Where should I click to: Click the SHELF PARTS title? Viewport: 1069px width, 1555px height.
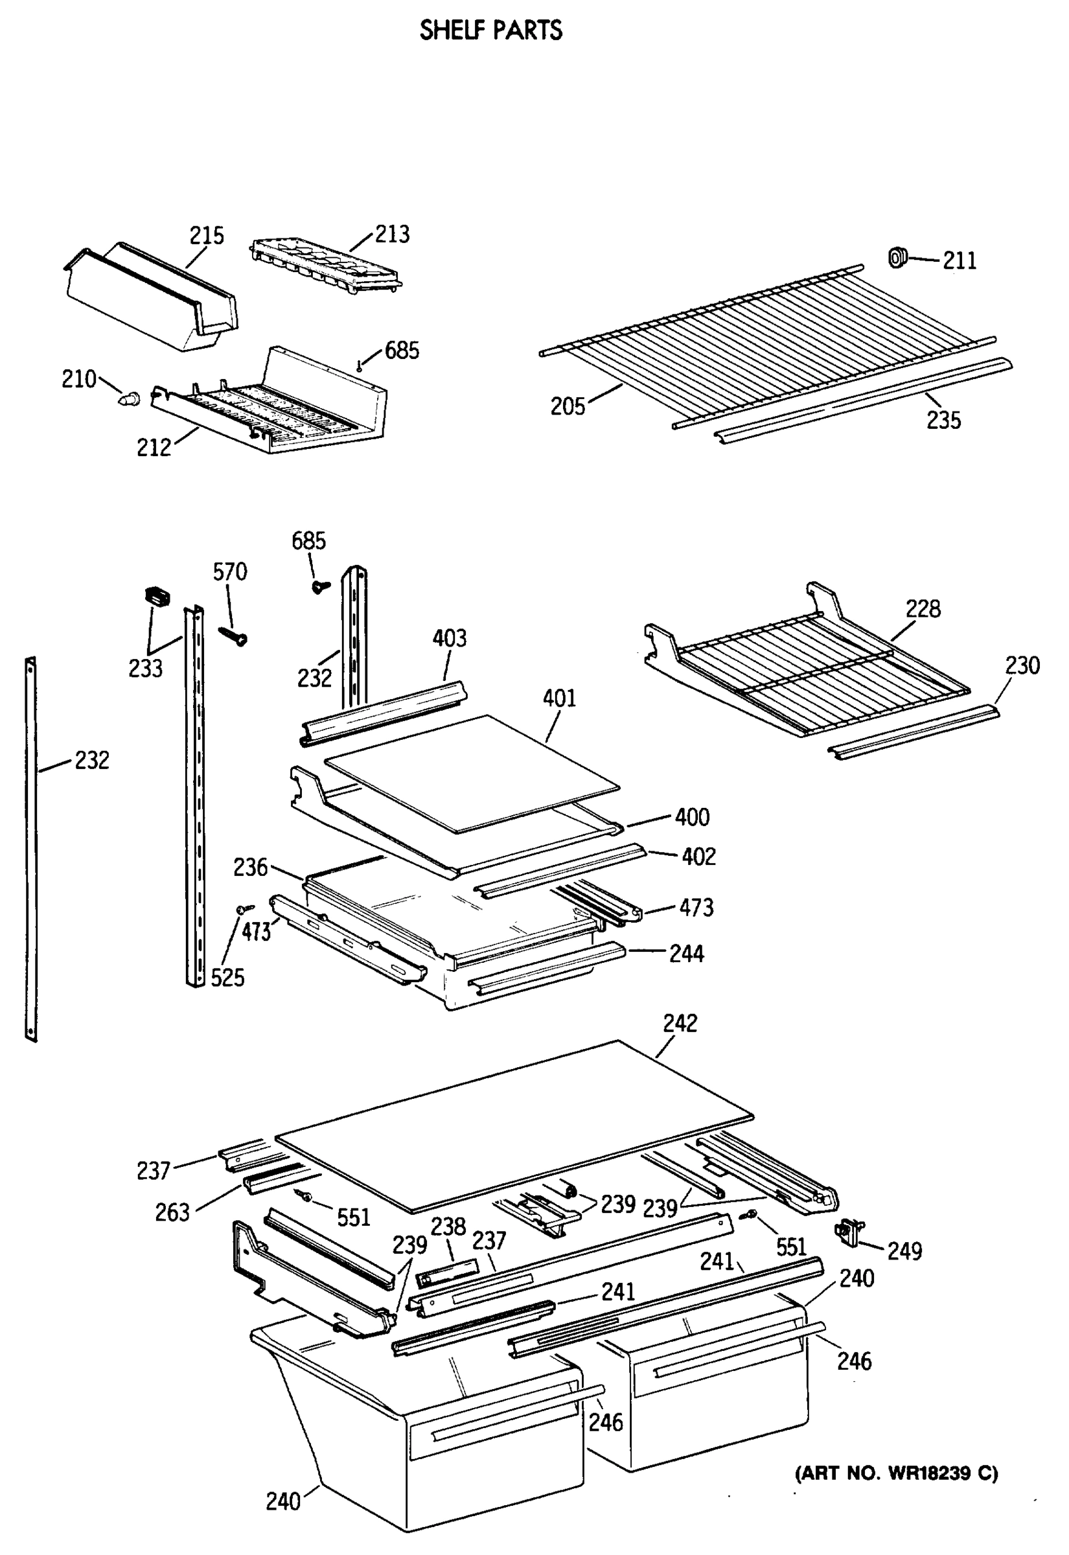coord(490,31)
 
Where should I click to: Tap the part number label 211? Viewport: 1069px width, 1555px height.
coord(959,260)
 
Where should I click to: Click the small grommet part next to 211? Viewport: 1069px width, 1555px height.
coord(897,257)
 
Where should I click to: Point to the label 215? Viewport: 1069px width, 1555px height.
coord(206,236)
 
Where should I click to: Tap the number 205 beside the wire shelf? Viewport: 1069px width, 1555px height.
coord(568,406)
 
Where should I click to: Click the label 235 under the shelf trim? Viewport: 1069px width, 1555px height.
coord(943,420)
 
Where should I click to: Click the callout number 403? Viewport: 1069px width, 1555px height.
coord(449,638)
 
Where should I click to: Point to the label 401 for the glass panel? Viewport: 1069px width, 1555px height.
coord(559,698)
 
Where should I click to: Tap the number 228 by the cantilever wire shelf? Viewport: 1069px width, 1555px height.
coord(923,609)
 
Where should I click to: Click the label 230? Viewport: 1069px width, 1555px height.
coord(1022,665)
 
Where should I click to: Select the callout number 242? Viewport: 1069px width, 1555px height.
coord(680,1023)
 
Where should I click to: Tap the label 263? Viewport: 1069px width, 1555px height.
coord(172,1213)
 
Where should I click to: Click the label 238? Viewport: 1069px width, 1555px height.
coord(448,1227)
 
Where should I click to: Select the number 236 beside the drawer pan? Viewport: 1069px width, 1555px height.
coord(250,868)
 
